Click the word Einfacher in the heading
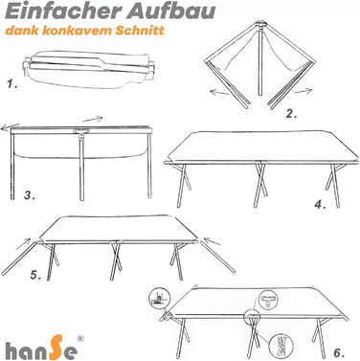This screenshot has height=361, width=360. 62,11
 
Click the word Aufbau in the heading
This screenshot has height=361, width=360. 170,11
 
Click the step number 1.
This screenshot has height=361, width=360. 12,84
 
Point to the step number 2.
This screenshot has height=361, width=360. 291,114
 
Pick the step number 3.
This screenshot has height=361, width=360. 30,195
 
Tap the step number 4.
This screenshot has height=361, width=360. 320,205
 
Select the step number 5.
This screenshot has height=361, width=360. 35,275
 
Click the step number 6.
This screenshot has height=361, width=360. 339,352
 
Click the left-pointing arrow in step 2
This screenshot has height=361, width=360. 219,93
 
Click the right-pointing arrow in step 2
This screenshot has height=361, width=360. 303,92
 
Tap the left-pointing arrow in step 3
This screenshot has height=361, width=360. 11,127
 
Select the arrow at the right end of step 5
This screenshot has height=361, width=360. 213,241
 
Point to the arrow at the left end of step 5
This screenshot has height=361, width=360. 23,243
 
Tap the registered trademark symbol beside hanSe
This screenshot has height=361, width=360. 80,339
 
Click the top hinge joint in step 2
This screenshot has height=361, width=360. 260,24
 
